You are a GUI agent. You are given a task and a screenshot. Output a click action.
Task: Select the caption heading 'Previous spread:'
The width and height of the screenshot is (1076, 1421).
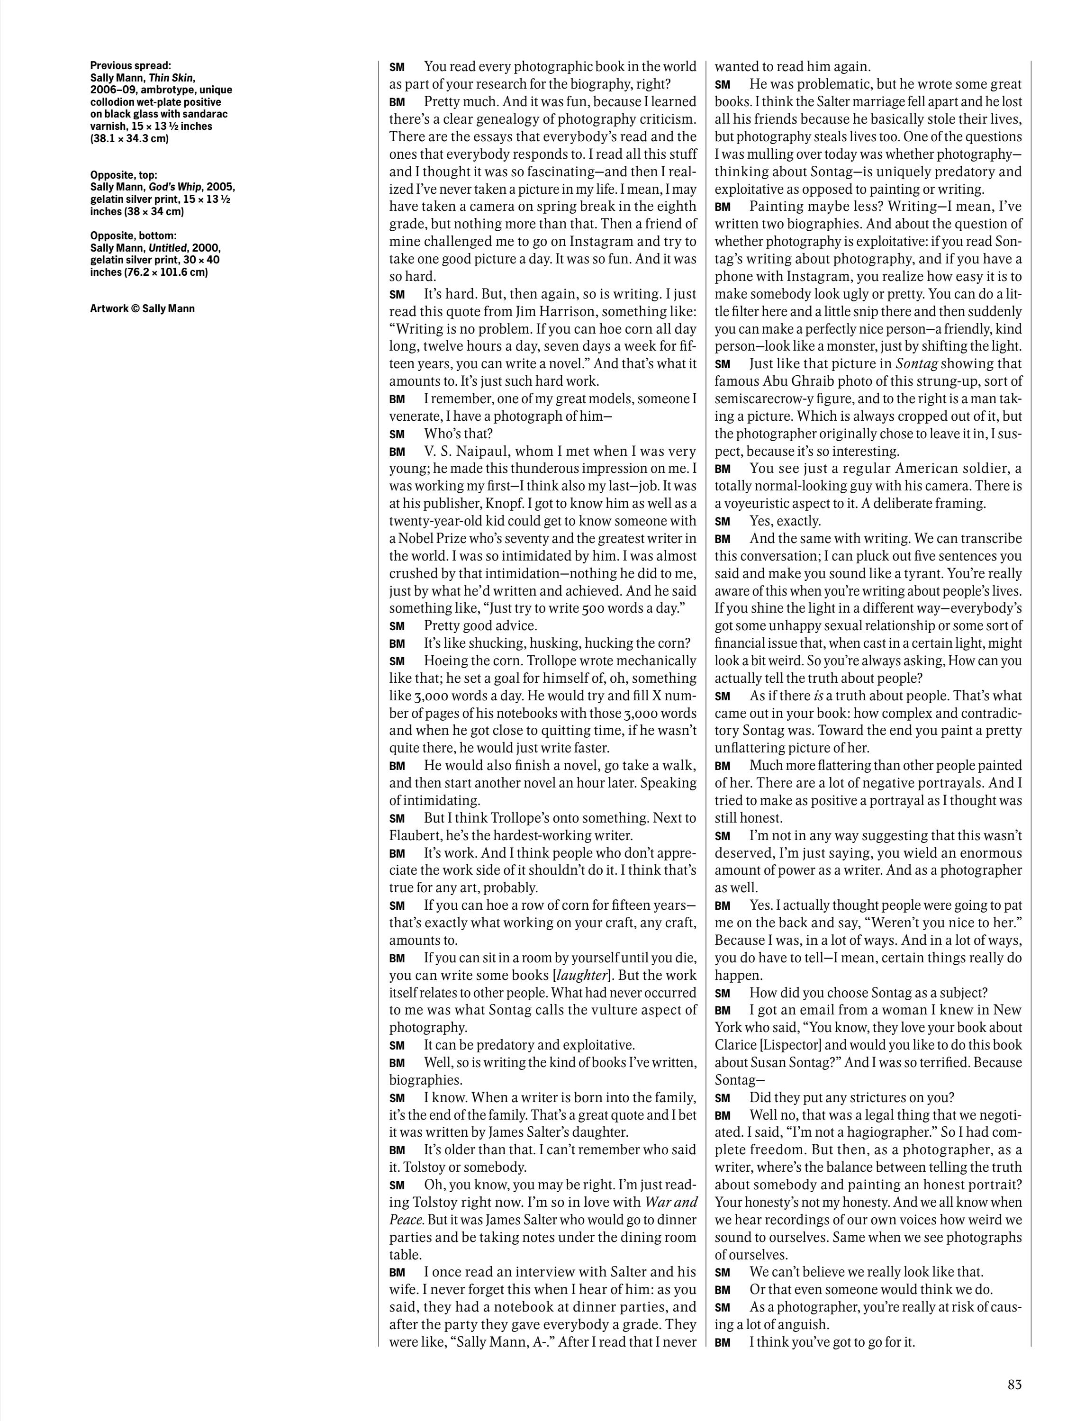point(130,65)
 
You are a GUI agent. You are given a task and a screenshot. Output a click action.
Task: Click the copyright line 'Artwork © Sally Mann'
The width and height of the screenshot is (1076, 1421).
point(142,308)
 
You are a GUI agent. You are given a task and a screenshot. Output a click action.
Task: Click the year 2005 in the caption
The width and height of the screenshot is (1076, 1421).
point(220,187)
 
